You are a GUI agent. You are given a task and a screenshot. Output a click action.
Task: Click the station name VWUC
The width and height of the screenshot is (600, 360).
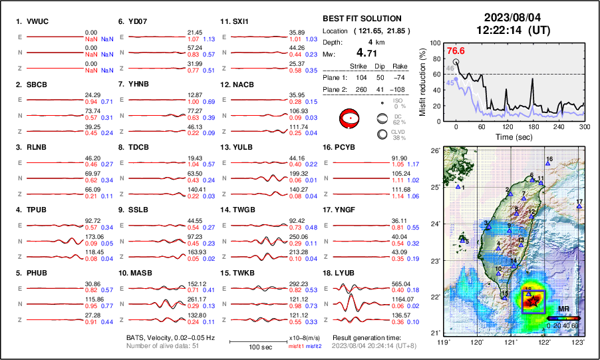38,21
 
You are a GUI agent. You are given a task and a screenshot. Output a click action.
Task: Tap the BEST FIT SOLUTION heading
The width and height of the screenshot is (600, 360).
361,19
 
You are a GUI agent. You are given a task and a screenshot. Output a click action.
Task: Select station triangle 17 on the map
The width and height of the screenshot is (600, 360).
579,207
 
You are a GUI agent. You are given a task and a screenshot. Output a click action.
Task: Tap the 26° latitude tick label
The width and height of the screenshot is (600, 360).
434,151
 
